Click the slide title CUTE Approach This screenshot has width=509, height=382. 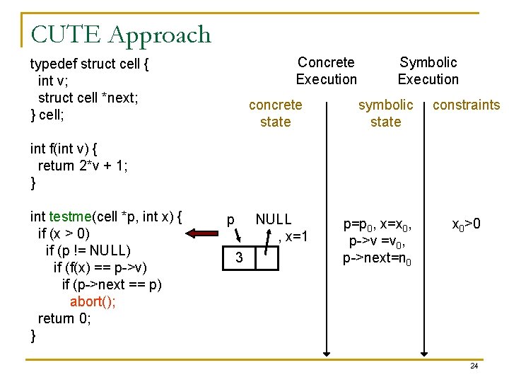121,34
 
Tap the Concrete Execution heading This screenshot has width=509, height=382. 326,71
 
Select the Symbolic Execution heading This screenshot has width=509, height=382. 428,71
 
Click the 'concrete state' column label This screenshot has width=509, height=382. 275,113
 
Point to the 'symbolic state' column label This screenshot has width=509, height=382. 385,113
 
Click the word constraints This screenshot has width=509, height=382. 466,105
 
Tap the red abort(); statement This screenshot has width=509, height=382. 93,301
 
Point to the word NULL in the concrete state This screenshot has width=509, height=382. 273,220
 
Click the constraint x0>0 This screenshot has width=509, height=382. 467,225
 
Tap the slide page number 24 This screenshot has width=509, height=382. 474,366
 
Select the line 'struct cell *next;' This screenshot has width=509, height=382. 88,98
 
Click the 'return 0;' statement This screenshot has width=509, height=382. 64,318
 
